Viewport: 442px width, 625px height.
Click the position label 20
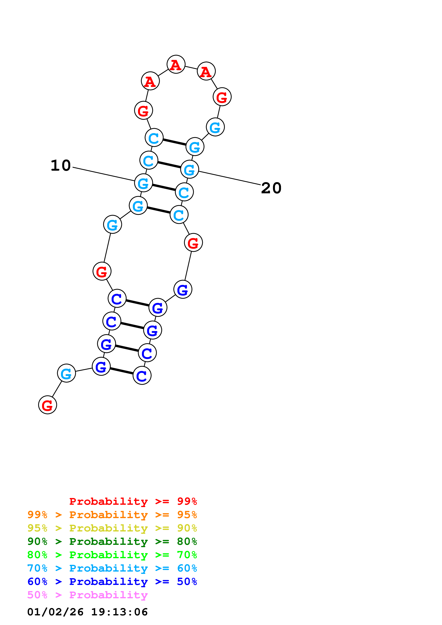click(x=271, y=188)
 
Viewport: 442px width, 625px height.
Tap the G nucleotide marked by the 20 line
click(x=190, y=169)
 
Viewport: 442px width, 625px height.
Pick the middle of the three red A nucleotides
click(x=176, y=64)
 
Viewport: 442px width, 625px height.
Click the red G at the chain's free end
click(x=48, y=405)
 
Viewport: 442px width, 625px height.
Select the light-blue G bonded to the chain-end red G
click(x=66, y=373)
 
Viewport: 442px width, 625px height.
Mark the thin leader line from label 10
click(x=103, y=174)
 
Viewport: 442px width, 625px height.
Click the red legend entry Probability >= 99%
click(x=133, y=501)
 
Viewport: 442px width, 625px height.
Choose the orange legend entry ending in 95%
click(x=112, y=515)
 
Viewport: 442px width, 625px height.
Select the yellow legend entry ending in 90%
click(x=112, y=528)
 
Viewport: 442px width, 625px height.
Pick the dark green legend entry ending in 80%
click(x=112, y=541)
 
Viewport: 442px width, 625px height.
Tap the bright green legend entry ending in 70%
click(x=112, y=555)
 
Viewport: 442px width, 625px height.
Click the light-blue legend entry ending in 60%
click(x=112, y=568)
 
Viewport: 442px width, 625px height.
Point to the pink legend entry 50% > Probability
click(x=87, y=595)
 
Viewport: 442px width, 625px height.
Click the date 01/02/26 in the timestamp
click(x=55, y=612)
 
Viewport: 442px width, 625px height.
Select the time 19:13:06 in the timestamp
click(x=119, y=612)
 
